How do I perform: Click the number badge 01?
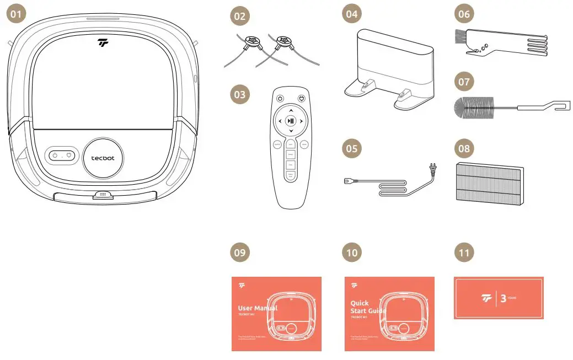(17, 15)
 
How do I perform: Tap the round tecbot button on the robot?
(104, 157)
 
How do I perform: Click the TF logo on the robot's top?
(103, 42)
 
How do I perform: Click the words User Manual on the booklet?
(258, 308)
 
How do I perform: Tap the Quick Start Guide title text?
(367, 307)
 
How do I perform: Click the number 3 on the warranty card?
(502, 298)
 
